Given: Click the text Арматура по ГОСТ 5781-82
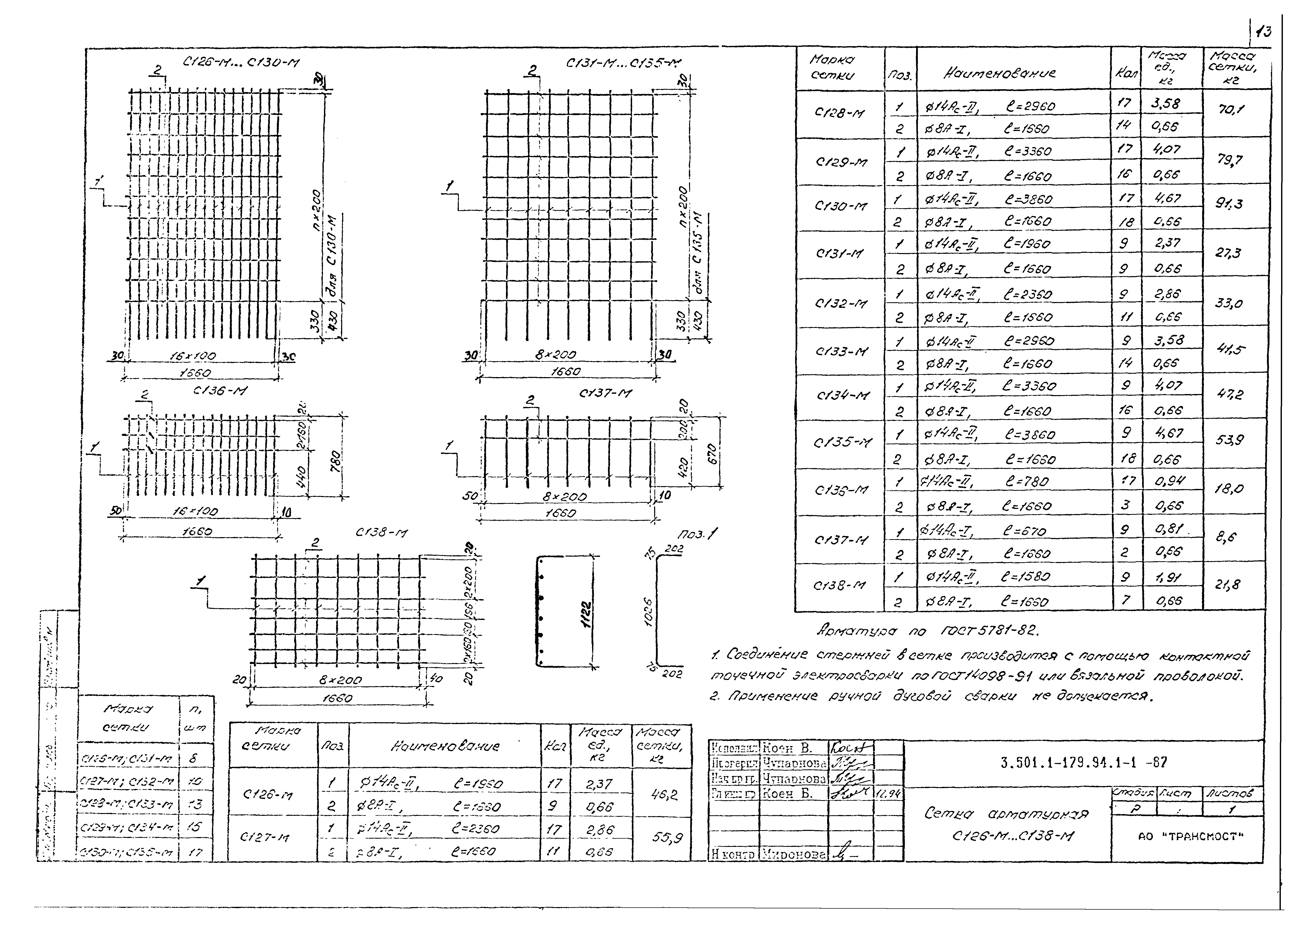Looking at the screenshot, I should pyautogui.click(x=927, y=631).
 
